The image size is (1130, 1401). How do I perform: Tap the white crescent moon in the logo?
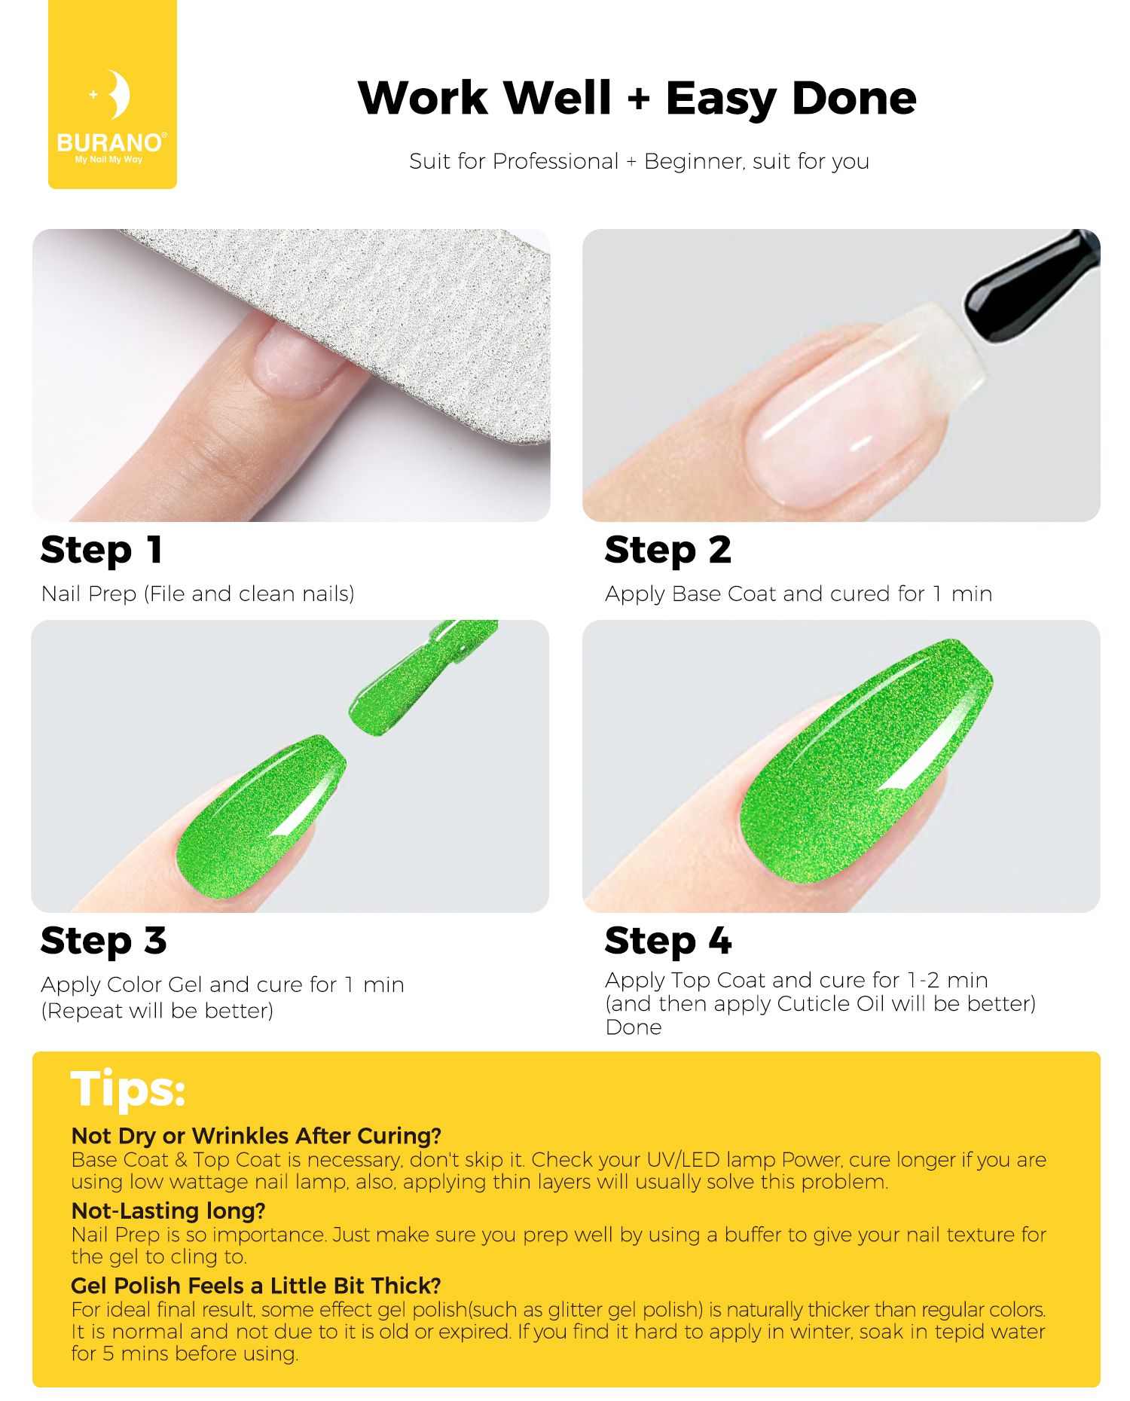[119, 95]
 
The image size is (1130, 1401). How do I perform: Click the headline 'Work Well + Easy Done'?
[637, 99]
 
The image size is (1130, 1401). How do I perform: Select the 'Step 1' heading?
[102, 550]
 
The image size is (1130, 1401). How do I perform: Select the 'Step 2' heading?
[667, 550]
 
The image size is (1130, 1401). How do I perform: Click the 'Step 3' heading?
[104, 941]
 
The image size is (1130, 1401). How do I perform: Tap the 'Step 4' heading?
[668, 941]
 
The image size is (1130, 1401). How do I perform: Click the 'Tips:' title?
[128, 1089]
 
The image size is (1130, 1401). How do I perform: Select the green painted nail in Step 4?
[866, 761]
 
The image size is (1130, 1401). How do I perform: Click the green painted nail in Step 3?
[260, 817]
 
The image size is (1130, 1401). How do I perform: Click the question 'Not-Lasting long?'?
[169, 1210]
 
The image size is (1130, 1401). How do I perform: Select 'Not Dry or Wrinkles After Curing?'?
[256, 1136]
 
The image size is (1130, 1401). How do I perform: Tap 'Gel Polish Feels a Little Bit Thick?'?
[256, 1285]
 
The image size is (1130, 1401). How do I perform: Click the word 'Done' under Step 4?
[634, 1027]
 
